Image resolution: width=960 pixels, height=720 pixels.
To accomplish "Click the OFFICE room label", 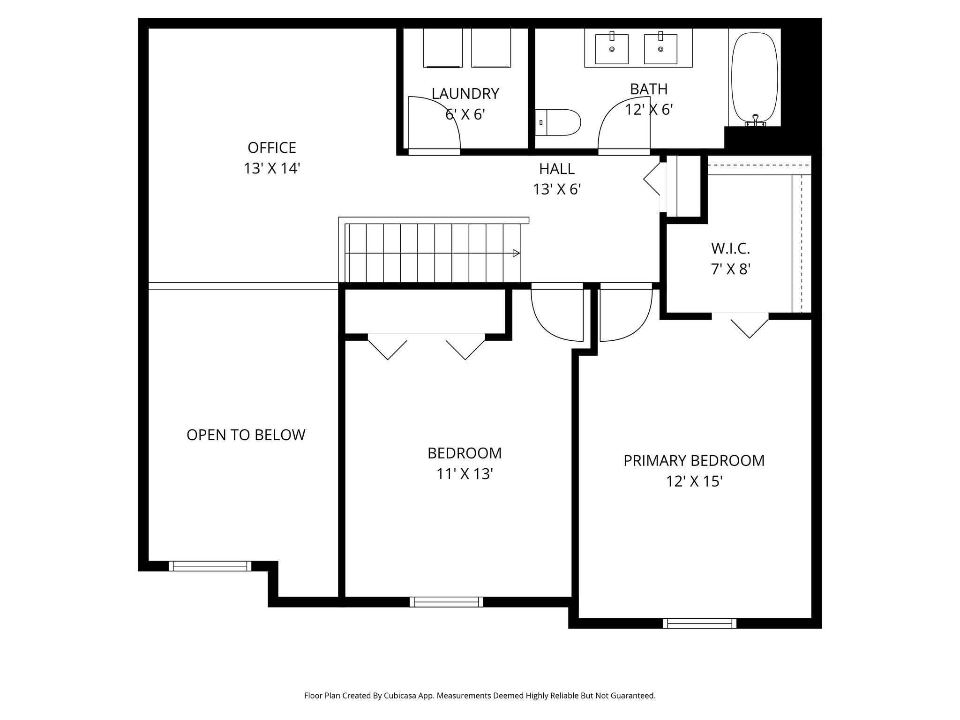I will point(271,148).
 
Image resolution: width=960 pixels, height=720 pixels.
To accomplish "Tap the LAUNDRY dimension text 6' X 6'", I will point(465,114).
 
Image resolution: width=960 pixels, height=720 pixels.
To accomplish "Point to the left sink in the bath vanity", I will point(612,48).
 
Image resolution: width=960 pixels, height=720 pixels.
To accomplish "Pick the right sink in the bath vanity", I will point(660,48).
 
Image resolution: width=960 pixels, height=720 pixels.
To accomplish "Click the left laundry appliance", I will point(442,47).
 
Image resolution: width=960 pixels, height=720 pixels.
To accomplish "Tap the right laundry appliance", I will point(491,47).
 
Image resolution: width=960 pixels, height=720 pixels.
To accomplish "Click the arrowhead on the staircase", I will point(516,253).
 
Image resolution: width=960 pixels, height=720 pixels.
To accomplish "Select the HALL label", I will point(556,168).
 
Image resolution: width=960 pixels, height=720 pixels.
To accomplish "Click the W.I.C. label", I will point(730,248).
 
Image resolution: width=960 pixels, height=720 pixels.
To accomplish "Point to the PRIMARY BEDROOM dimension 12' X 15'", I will point(694,481).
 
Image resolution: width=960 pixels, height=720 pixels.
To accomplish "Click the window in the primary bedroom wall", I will point(699,623).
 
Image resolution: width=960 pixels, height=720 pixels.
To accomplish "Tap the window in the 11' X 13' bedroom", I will point(446,601).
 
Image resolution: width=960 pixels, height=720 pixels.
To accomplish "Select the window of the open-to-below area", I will point(210,566).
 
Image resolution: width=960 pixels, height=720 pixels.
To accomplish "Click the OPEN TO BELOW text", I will point(246,435).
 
